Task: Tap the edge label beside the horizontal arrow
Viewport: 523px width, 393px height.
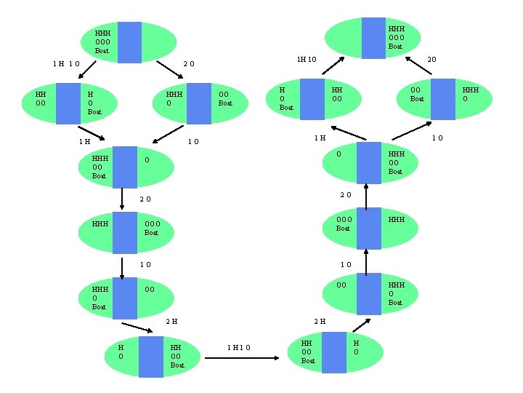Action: click(238, 347)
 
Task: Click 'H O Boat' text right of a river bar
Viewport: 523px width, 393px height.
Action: click(94, 103)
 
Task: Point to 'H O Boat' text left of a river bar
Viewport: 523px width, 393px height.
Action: click(286, 98)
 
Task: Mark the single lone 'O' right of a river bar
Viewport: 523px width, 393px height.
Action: click(147, 159)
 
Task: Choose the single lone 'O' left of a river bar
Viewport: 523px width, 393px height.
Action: click(338, 154)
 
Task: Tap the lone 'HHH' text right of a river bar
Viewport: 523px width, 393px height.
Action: click(397, 219)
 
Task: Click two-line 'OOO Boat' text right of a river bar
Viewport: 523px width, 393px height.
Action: click(151, 228)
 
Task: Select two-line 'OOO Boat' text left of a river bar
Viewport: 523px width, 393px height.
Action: click(344, 223)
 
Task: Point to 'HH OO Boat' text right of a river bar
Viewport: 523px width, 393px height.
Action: click(177, 356)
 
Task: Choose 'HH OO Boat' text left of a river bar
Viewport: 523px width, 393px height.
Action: click(308, 352)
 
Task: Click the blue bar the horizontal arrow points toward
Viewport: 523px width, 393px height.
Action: click(334, 352)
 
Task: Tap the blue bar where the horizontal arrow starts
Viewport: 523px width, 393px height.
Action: click(151, 357)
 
